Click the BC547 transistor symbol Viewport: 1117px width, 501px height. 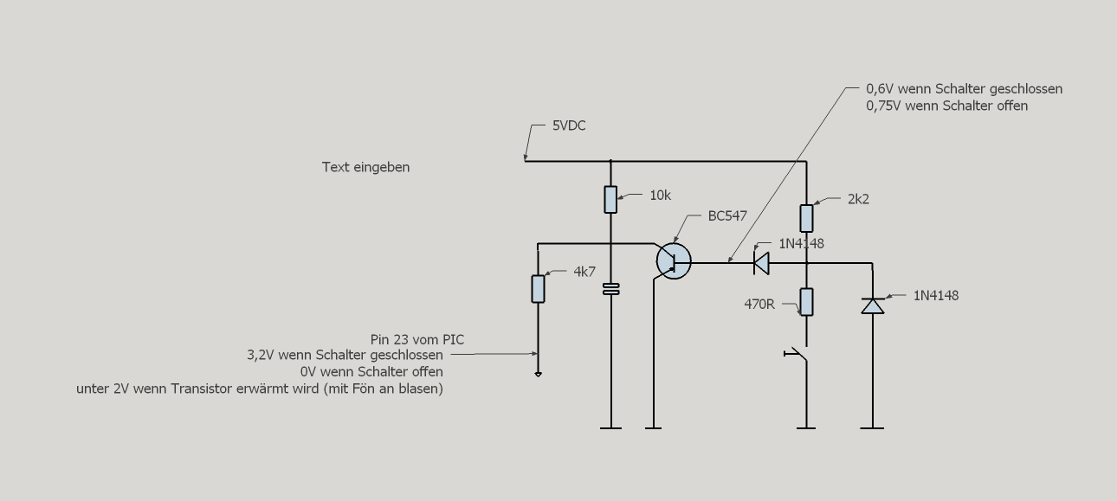[x=673, y=261]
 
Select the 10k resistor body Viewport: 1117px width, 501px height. [x=610, y=199]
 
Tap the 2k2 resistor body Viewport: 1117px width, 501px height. [x=806, y=216]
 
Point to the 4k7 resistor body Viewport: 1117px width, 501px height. [x=538, y=288]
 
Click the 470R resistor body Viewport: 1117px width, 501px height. [x=806, y=302]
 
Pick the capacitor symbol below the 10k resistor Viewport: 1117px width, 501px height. [x=610, y=289]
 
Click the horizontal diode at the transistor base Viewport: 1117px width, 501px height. [x=761, y=261]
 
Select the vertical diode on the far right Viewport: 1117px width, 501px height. [x=872, y=305]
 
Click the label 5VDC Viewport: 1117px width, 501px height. [x=569, y=126]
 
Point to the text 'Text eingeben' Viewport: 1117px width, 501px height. [x=365, y=167]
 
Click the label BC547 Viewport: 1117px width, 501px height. [x=727, y=216]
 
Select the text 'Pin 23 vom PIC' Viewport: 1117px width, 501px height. [x=417, y=339]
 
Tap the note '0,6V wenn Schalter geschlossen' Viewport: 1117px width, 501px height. [x=964, y=89]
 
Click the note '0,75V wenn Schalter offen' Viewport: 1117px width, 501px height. [x=946, y=106]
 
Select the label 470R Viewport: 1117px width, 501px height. [x=759, y=305]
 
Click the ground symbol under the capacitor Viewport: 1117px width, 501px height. [x=610, y=427]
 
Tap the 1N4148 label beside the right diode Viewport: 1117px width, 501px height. [x=935, y=296]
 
